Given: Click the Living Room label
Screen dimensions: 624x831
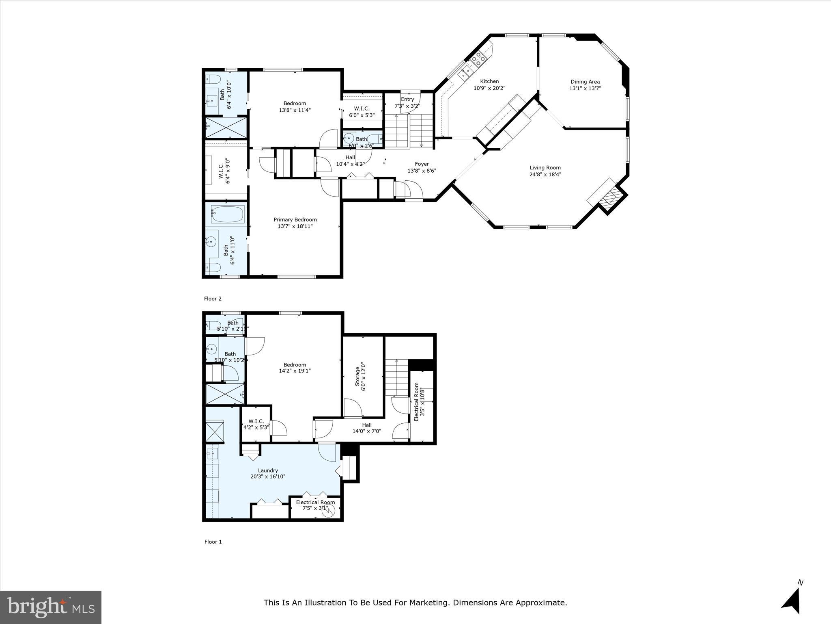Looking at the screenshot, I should [545, 167].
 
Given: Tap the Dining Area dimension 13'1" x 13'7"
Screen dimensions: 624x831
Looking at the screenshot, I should [585, 88].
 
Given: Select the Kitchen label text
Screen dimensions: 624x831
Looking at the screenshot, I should [489, 81].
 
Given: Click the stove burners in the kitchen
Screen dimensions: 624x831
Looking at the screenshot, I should [478, 59].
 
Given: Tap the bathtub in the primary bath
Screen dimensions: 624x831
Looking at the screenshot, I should [228, 214].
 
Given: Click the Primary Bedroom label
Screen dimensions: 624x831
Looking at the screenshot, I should [295, 220].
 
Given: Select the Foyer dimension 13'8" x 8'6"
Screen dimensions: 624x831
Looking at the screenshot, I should [422, 171].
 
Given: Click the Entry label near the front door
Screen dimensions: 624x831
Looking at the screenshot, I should [407, 99].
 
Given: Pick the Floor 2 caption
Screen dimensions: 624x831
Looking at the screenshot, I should [213, 299].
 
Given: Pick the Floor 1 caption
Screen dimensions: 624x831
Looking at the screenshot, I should [213, 542].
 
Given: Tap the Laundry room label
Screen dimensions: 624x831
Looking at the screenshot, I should [268, 470].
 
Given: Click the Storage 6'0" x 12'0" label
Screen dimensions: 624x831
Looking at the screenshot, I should [360, 377].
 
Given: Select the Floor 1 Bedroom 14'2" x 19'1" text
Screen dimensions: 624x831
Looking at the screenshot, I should [295, 370].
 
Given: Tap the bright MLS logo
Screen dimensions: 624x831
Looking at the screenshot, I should [51, 607].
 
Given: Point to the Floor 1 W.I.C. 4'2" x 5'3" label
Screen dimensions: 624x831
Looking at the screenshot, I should [256, 425].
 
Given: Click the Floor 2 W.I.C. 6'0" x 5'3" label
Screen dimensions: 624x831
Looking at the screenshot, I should [362, 112].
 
